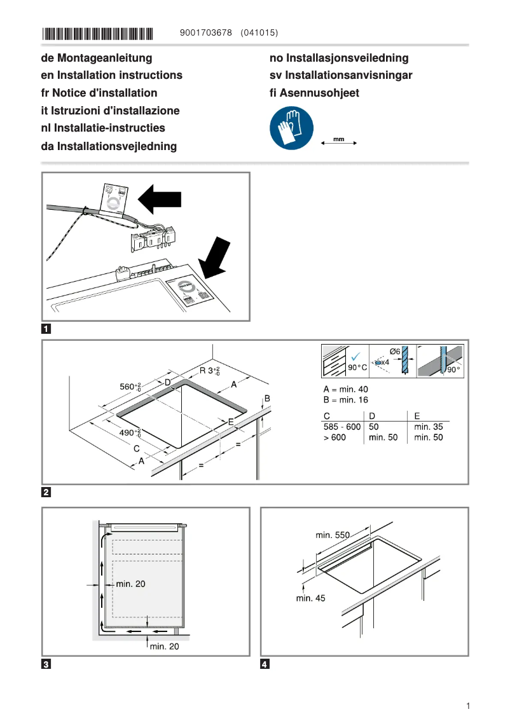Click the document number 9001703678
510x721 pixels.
tap(207, 32)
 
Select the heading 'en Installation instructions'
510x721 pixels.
tap(111, 75)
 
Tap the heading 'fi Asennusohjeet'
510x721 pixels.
tap(314, 93)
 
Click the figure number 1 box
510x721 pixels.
tap(46, 329)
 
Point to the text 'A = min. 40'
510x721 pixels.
tap(345, 389)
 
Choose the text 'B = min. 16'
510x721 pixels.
tap(345, 400)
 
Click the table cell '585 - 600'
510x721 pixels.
tap(341, 427)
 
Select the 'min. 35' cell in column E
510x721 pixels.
tap(428, 427)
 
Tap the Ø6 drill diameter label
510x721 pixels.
tap(394, 352)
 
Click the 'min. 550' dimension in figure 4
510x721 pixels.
tap(333, 535)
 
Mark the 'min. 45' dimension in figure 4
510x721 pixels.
tap(311, 598)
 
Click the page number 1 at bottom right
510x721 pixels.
tap(467, 706)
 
